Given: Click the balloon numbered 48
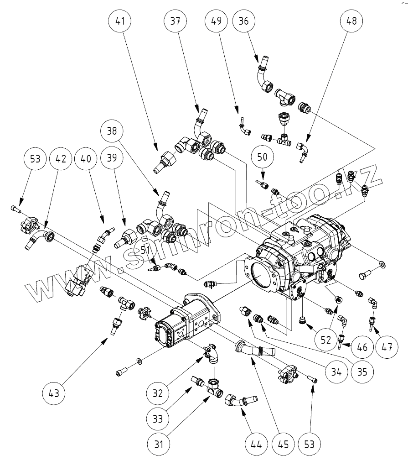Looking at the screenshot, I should click(x=352, y=21).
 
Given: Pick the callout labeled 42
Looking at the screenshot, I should click(x=61, y=159).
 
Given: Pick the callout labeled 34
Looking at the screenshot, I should click(x=336, y=371).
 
